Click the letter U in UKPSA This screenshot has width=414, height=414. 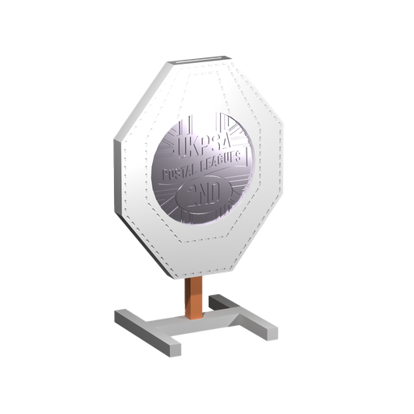tap(180, 148)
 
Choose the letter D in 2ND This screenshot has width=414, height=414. tap(219, 191)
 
